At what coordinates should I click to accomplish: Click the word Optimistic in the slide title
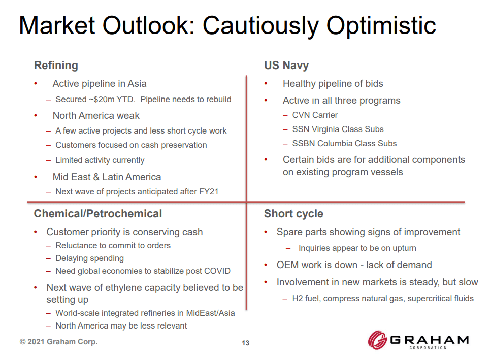(381, 25)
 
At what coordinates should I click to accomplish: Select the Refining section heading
(56, 66)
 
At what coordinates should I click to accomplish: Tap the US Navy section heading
(286, 66)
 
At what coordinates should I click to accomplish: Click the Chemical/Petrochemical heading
(98, 214)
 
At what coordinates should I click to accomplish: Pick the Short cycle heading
(293, 214)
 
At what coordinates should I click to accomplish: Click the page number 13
(245, 343)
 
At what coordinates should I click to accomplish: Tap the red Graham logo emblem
(378, 340)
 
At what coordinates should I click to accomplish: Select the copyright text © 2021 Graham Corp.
(58, 342)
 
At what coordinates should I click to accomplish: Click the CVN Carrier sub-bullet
(315, 115)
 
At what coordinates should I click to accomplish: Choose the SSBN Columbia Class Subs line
(344, 144)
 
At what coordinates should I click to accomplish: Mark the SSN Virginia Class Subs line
(338, 129)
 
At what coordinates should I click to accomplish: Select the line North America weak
(96, 116)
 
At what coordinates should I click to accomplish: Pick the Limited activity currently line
(100, 160)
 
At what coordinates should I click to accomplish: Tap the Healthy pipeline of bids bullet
(333, 84)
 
